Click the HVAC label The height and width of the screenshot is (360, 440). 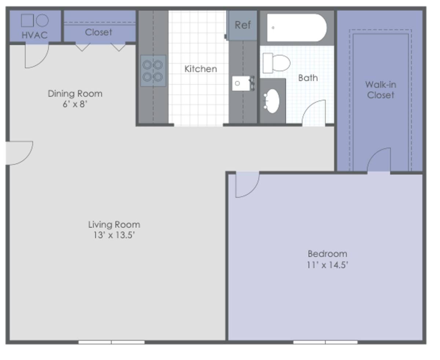coord(34,35)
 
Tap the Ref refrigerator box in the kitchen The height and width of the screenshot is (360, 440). coord(242,25)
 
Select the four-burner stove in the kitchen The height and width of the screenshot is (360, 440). coord(153,71)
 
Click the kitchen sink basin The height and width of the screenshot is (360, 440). coord(241,83)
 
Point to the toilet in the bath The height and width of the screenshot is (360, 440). coord(276,63)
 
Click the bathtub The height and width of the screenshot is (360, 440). coord(297,28)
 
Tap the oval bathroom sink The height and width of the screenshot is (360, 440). coord(272,101)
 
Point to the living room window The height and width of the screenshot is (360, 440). coord(111,342)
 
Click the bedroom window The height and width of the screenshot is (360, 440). coord(325,342)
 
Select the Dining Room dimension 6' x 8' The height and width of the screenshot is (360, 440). coord(75,104)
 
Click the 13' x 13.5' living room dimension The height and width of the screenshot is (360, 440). coord(114,235)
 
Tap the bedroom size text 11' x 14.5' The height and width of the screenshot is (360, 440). coord(327,265)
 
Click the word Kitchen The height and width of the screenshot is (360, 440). coord(201,69)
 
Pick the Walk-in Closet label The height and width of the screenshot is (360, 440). coord(380,90)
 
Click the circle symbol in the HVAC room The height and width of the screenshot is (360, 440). coord(43,21)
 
